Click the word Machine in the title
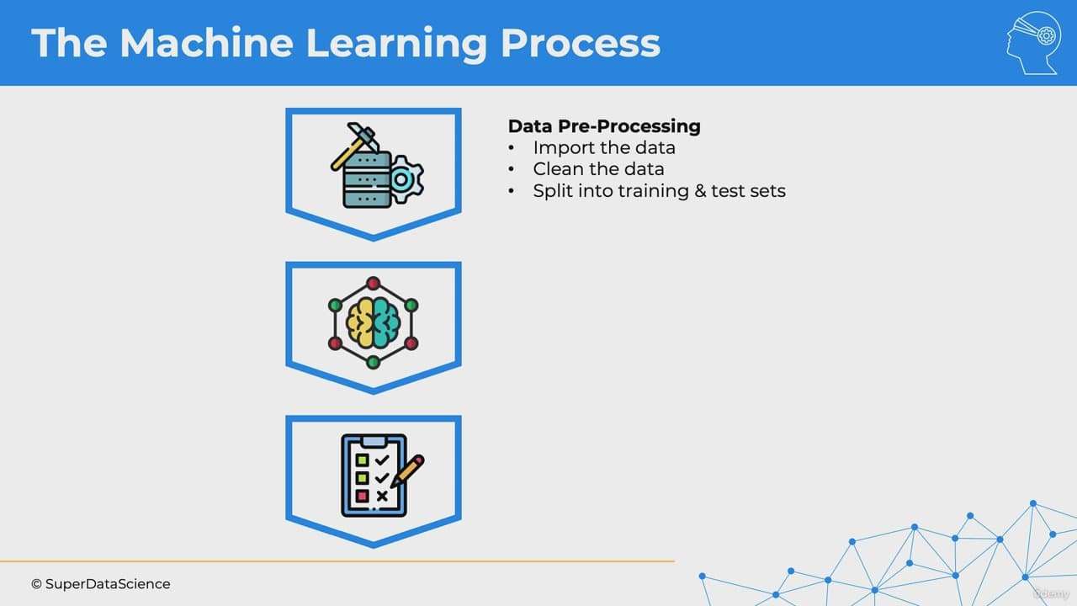[x=207, y=43]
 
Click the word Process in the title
[x=581, y=43]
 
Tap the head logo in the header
[x=1033, y=43]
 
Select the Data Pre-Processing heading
[x=604, y=126]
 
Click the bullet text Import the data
[x=604, y=147]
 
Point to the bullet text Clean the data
[x=598, y=169]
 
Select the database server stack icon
[x=367, y=180]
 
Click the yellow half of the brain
[x=359, y=322]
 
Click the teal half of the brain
[x=386, y=322]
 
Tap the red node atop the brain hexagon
[x=373, y=284]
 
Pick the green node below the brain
[x=373, y=362]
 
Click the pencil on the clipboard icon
[x=408, y=470]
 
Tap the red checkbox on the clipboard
[x=362, y=496]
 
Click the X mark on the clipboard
[x=382, y=496]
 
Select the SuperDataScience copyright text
[x=100, y=584]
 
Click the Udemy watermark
[x=1051, y=593]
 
